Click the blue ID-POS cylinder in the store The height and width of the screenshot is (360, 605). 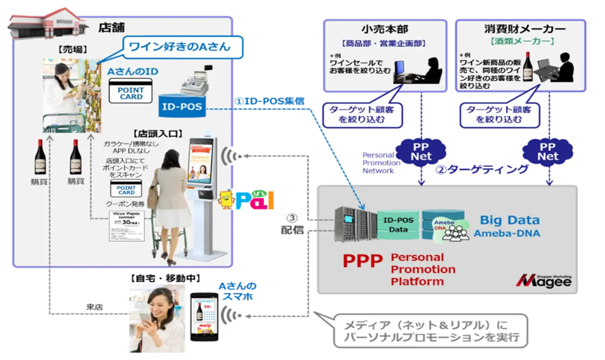click(181, 106)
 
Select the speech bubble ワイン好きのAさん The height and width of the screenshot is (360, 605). click(176, 46)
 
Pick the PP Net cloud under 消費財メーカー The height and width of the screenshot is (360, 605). click(548, 150)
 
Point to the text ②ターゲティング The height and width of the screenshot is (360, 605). click(481, 170)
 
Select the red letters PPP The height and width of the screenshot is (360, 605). click(362, 263)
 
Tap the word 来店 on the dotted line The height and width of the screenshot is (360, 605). click(97, 306)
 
